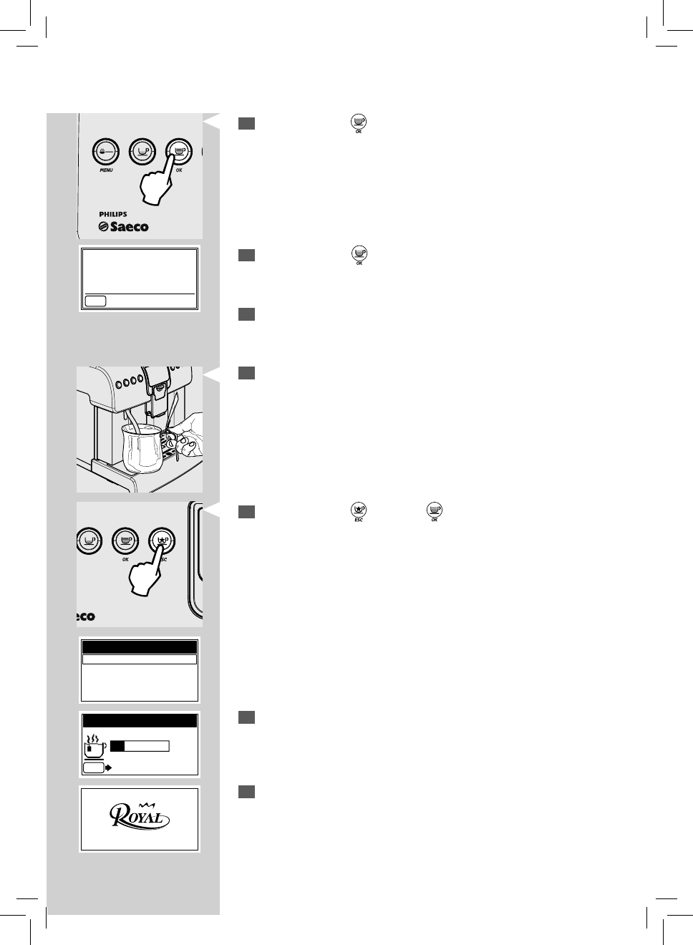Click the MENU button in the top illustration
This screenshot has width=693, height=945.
(105, 151)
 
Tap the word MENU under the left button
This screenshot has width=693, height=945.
(106, 170)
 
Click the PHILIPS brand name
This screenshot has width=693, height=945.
(113, 214)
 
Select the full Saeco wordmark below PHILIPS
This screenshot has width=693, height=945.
(123, 227)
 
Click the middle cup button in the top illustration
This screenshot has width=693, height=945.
(142, 151)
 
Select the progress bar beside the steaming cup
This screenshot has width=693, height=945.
(140, 746)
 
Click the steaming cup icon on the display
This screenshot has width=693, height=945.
(94, 745)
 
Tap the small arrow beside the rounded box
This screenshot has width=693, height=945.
(108, 767)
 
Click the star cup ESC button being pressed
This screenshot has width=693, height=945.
(161, 540)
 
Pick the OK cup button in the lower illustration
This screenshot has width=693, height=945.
(125, 540)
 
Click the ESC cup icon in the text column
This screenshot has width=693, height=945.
(358, 510)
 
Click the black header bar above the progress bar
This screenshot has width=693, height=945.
(139, 720)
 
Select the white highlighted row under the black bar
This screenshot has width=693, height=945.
(139, 659)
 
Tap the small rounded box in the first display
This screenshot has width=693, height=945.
(95, 301)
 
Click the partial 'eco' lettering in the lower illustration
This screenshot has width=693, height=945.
(85, 616)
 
